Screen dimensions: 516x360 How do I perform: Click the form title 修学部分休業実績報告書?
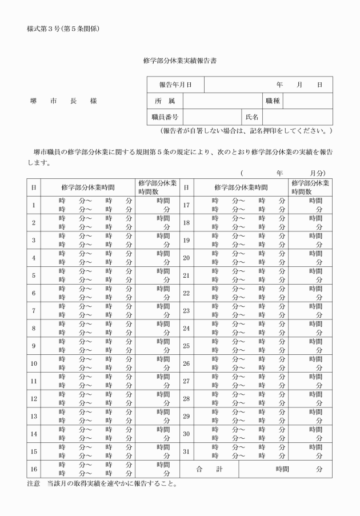(x=180, y=59)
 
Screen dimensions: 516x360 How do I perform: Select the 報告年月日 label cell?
(x=175, y=85)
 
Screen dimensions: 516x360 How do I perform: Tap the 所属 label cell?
(x=165, y=101)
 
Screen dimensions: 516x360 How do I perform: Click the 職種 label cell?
(x=272, y=101)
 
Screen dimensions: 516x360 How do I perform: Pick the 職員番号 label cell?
(x=165, y=117)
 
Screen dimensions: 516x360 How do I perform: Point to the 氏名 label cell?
(x=252, y=117)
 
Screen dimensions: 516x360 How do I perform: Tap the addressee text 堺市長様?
(x=63, y=101)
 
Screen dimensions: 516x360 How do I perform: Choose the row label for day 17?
(x=186, y=205)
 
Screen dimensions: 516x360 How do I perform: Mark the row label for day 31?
(x=186, y=452)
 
